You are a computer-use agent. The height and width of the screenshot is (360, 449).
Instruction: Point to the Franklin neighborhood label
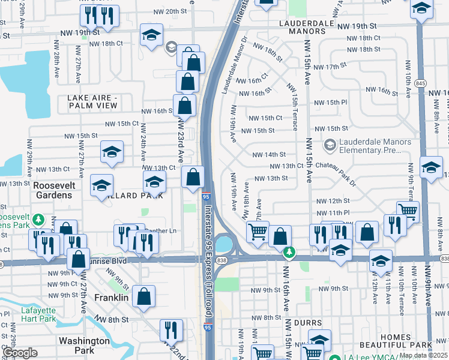tap(111, 298)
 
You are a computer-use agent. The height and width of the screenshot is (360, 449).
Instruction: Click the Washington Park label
tap(84, 345)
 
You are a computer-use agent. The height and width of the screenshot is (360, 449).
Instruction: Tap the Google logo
tap(21, 353)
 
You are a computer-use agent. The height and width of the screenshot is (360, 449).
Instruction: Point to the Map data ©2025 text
tap(424, 355)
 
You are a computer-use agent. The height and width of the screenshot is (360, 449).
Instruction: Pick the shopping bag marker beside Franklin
tap(143, 296)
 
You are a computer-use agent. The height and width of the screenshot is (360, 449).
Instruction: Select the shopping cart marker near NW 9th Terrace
tap(408, 211)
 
